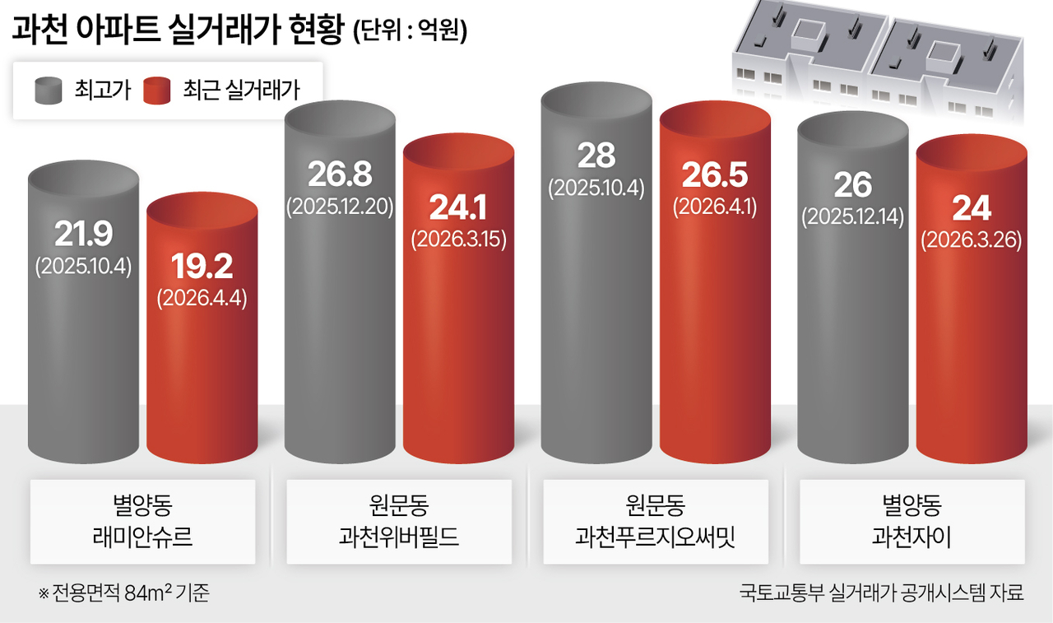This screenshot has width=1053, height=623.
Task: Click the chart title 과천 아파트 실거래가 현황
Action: click(176, 30)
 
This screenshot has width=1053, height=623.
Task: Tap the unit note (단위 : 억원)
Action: click(410, 32)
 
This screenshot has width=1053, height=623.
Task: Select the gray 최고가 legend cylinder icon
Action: click(49, 90)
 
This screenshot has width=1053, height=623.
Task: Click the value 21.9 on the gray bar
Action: click(83, 235)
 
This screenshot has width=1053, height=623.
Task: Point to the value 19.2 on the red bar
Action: click(202, 266)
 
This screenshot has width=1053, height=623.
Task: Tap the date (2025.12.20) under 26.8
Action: click(340, 206)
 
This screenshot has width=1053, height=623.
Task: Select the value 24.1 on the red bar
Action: click(458, 207)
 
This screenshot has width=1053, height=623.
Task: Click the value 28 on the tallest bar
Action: click(596, 155)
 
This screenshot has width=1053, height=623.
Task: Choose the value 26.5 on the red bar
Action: click(715, 174)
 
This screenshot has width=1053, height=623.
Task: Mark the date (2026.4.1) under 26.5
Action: click(715, 206)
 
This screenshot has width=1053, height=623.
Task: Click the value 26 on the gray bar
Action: click(852, 185)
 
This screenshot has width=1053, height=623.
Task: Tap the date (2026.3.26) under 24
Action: click(971, 239)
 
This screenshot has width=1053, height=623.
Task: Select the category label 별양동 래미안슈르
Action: click(142, 522)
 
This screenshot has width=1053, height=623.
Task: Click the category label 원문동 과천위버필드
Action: click(399, 522)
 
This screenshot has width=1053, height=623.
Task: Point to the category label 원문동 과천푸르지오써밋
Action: click(655, 522)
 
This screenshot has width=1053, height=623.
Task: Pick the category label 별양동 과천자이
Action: click(912, 522)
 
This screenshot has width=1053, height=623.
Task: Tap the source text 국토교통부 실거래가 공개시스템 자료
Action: click(881, 593)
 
